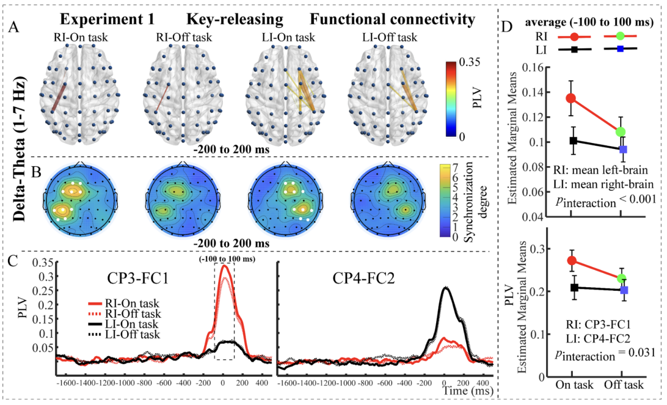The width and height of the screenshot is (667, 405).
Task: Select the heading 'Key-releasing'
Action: [234, 20]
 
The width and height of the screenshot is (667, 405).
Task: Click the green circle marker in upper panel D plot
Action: [620, 131]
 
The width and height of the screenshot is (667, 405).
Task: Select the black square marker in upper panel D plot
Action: [573, 140]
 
